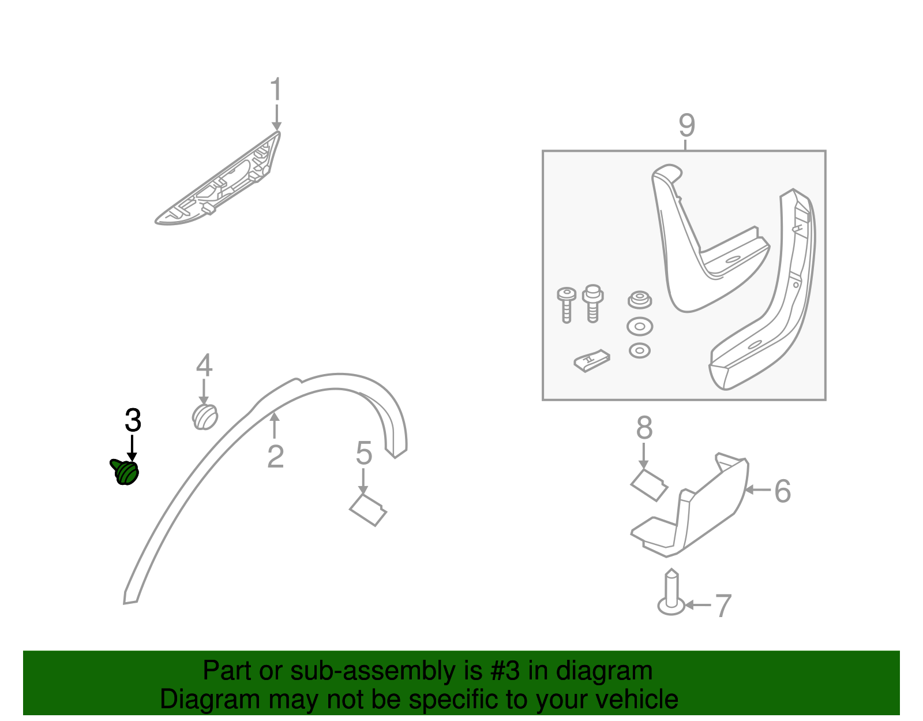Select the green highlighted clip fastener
tap(125, 472)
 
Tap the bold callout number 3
tap(133, 421)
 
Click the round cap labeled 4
tap(204, 416)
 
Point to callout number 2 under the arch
tap(275, 457)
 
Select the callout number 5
tap(363, 453)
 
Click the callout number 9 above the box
tap(686, 125)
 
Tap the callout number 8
tap(644, 428)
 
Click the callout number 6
tap(782, 491)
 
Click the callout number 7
tap(723, 606)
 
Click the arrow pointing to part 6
tap(758, 490)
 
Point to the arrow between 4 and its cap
tap(204, 391)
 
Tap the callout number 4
tap(204, 365)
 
